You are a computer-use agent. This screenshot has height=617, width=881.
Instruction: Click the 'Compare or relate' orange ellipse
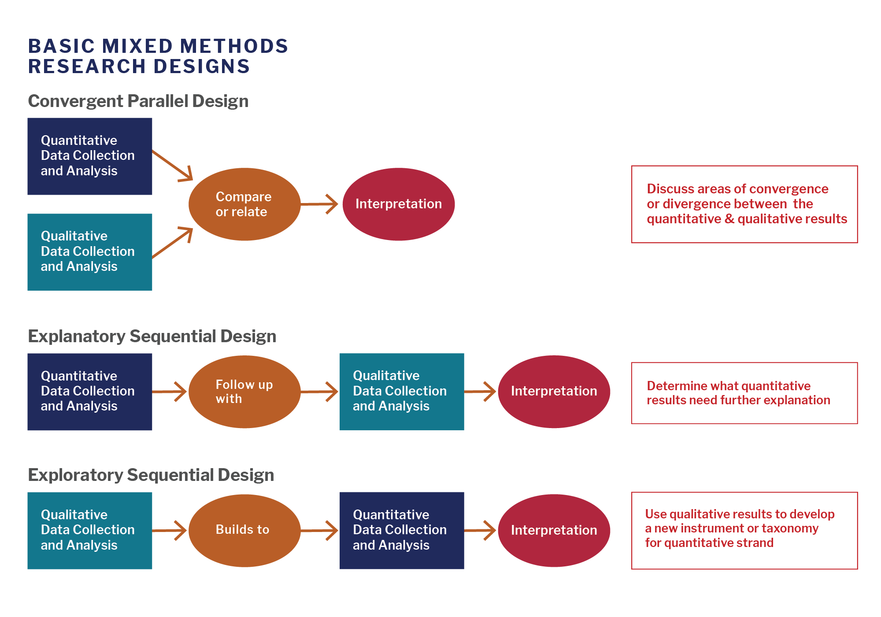[x=244, y=204]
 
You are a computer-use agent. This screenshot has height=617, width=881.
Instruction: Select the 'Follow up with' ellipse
[x=244, y=392]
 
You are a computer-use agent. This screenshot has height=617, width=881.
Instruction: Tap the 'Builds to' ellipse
[x=244, y=530]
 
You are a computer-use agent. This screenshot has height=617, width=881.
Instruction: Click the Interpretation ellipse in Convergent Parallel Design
[x=398, y=204]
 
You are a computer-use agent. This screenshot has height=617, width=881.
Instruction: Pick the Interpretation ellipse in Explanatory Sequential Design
[x=554, y=392]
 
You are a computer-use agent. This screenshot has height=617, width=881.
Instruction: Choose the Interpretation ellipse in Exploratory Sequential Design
[x=554, y=530]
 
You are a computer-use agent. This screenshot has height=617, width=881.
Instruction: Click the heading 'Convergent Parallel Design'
[x=138, y=101]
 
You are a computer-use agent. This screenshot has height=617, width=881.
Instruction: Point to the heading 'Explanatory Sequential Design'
[x=152, y=336]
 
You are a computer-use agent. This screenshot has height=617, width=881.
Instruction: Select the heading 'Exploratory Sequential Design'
[x=151, y=475]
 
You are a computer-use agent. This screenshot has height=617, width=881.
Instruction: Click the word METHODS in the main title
[x=234, y=47]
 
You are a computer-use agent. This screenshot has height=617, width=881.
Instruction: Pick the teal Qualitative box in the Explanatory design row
[x=401, y=392]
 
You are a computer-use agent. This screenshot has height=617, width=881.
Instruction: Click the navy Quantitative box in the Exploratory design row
[x=401, y=530]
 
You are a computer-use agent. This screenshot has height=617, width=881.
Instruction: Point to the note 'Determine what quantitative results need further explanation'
[x=744, y=393]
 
